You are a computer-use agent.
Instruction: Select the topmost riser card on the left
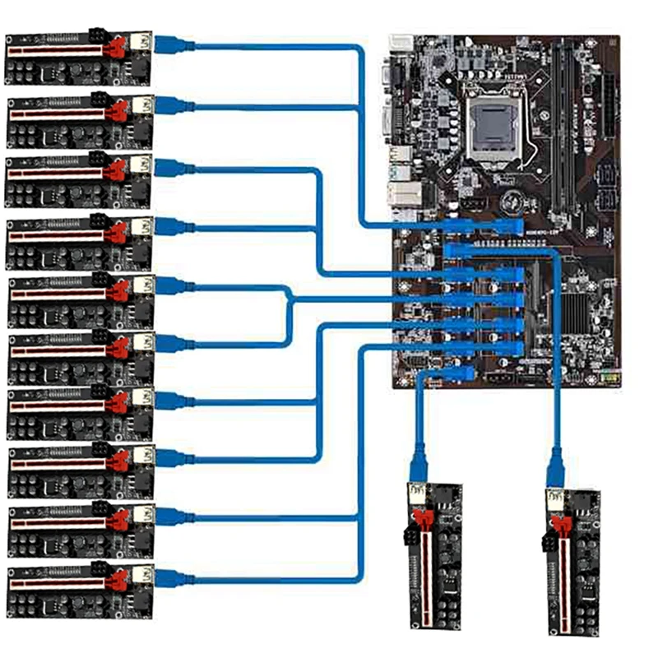click(78, 58)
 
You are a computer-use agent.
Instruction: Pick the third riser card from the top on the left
click(79, 179)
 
